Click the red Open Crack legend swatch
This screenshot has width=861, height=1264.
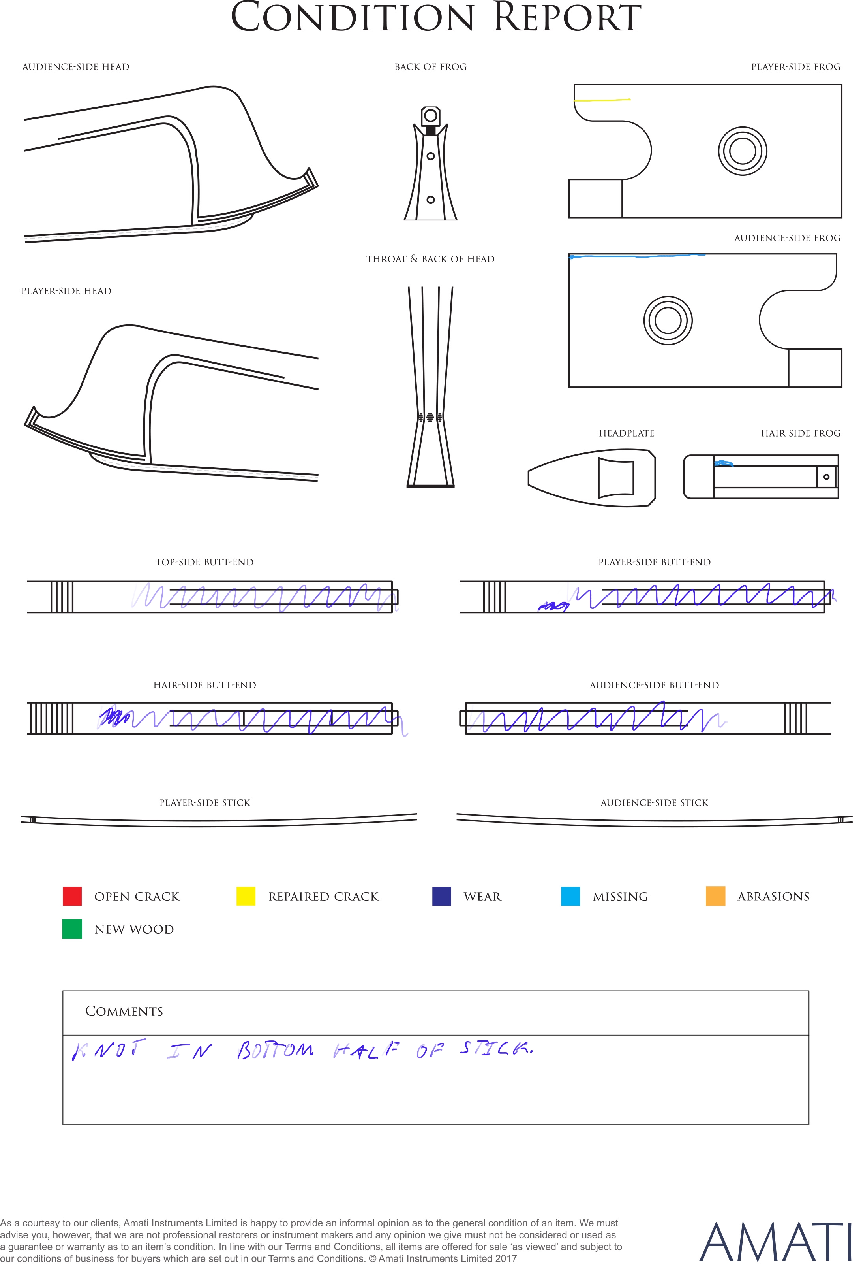[72, 896]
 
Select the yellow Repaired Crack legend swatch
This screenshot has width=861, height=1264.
[246, 896]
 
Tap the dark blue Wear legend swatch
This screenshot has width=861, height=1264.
[441, 896]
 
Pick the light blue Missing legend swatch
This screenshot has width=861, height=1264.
[570, 896]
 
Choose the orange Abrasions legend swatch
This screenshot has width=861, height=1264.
[715, 896]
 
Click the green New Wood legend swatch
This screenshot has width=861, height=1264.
[72, 929]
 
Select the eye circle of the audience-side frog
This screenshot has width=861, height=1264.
[668, 320]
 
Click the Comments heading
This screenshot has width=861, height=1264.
[124, 1011]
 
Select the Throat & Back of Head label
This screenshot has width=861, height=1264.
[430, 259]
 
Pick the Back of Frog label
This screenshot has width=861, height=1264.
[430, 67]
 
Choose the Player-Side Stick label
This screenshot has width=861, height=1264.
[205, 803]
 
